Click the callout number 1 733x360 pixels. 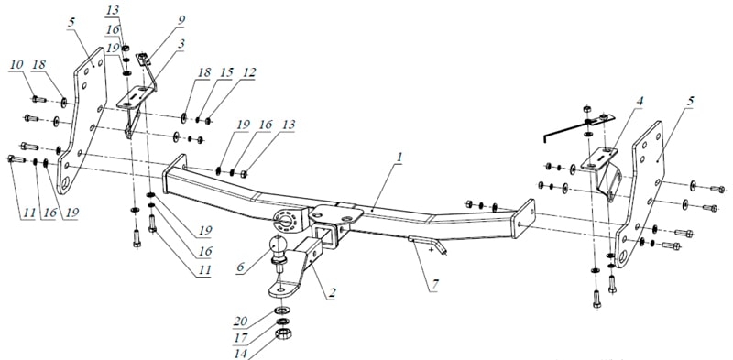tap(399, 158)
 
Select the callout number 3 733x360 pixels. tap(181, 43)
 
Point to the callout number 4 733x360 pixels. tap(640, 101)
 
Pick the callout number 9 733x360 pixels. tap(181, 20)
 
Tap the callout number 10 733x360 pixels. tap(16, 65)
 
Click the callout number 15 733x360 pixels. tap(226, 73)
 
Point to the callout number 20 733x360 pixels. tap(240, 321)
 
